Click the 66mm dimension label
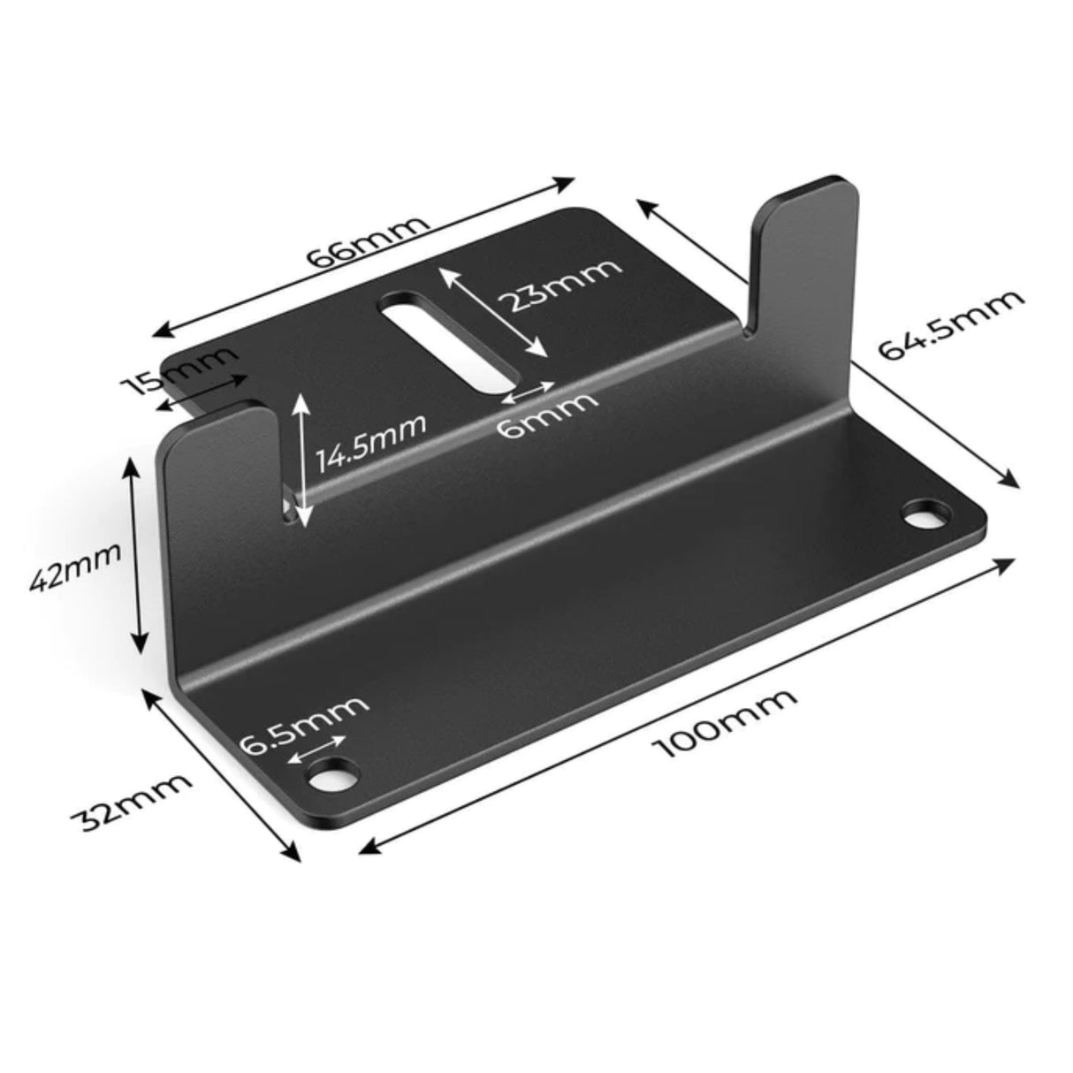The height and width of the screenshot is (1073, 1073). tap(367, 240)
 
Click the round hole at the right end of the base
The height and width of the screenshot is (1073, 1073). tap(924, 513)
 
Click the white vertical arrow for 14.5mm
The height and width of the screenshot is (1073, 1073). tap(301, 460)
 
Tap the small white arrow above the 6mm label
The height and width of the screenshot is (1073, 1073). tap(533, 390)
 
